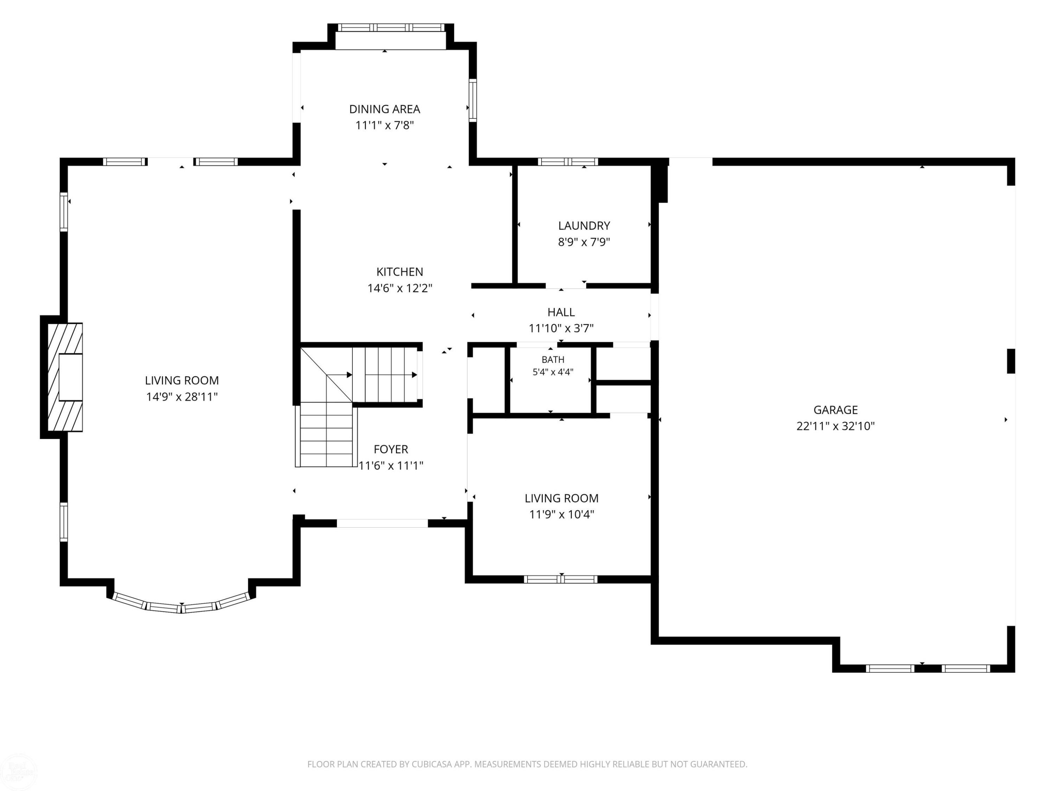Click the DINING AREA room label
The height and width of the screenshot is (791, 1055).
(x=384, y=109)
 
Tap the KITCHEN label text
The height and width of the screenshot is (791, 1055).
(x=400, y=272)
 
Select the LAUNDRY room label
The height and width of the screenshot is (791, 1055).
(x=584, y=226)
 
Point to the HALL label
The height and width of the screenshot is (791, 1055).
(x=561, y=312)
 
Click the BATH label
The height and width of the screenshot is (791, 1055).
(x=553, y=360)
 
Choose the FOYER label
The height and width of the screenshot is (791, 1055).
(x=391, y=449)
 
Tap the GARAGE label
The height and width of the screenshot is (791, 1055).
(x=836, y=410)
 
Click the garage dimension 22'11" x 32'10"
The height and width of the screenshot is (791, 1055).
(x=836, y=426)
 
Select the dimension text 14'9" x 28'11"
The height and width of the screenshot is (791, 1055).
(x=182, y=397)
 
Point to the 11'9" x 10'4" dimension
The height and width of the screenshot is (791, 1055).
(x=561, y=514)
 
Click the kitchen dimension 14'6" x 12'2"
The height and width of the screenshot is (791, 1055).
(x=400, y=288)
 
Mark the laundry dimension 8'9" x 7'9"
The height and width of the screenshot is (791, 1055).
(x=584, y=242)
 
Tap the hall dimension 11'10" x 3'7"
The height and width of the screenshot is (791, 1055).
(x=561, y=328)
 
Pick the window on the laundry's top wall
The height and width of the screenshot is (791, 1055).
(x=568, y=162)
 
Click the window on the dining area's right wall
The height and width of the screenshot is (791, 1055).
(x=473, y=100)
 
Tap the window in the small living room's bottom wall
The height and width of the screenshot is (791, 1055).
(x=561, y=579)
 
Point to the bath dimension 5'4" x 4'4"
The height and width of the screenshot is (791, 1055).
(x=553, y=372)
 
